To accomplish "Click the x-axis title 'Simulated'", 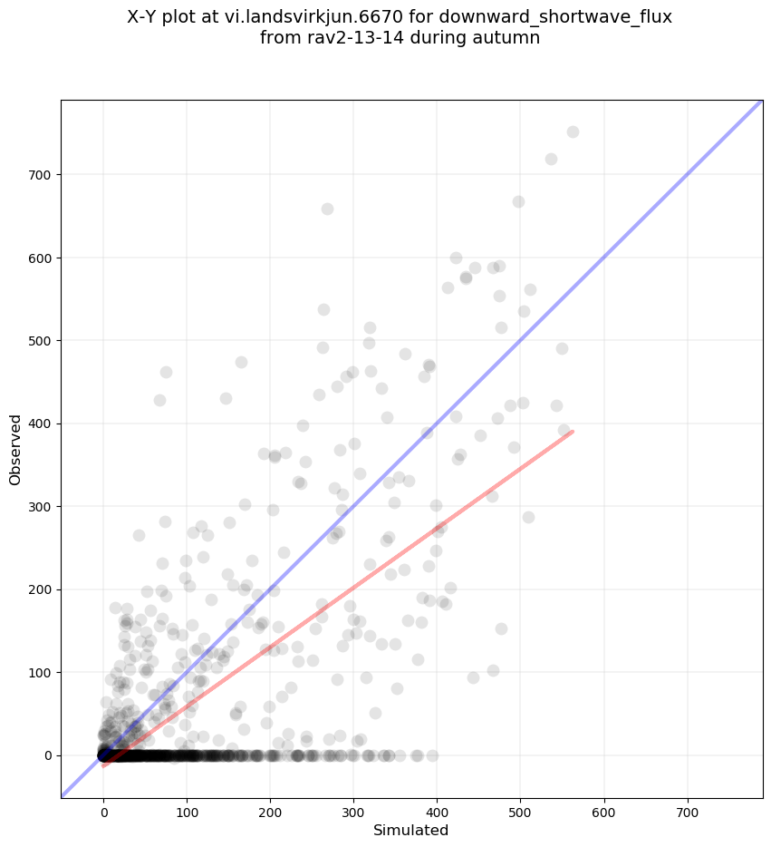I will click(411, 830).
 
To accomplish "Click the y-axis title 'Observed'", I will click(15, 449).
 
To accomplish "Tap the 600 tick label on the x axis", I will click(604, 810).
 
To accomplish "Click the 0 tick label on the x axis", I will click(104, 810).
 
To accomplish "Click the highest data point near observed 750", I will click(573, 131).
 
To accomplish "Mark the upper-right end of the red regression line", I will click(573, 432).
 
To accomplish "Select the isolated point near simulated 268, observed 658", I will click(327, 209).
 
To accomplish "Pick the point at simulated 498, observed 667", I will click(518, 201).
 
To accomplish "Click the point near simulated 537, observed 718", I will click(551, 159).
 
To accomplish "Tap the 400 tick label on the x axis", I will click(438, 810).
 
